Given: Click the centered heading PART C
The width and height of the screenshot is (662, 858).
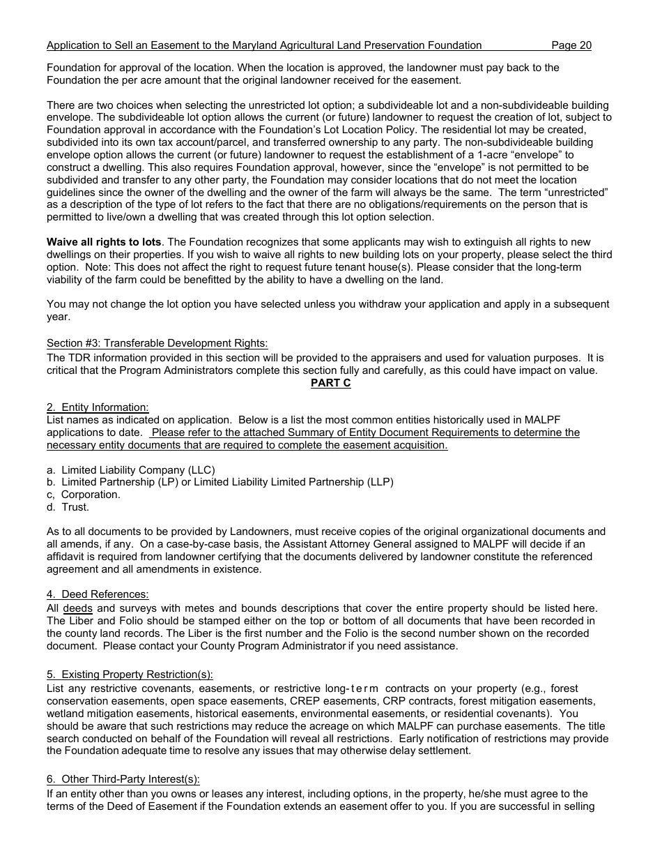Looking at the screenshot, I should pos(330,383).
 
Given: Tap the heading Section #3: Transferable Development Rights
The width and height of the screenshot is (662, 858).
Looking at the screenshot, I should pos(157,343).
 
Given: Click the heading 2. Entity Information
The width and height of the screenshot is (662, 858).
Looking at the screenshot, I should pos(98,407).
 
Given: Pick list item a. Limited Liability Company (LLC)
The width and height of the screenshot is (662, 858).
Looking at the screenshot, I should pos(131,469).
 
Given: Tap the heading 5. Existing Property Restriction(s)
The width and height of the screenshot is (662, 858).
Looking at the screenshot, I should pos(130,675).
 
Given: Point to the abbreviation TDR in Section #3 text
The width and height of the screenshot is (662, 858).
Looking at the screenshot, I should pos(77,358).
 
